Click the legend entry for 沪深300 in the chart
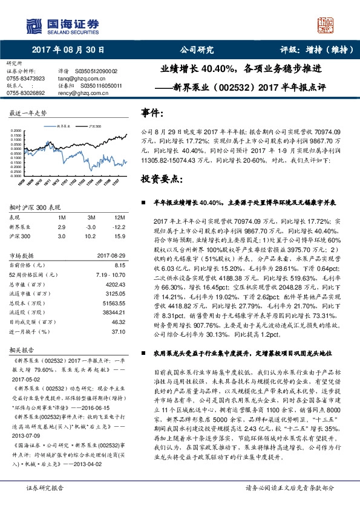tap(94, 126)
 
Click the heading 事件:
tap(152, 112)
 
